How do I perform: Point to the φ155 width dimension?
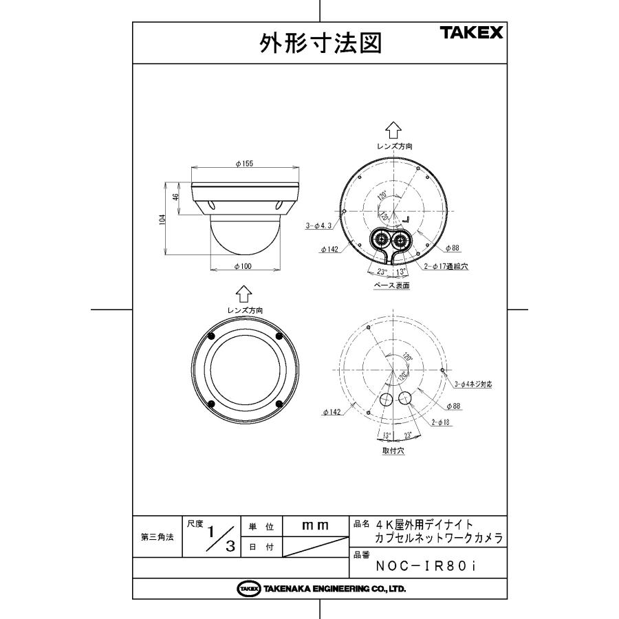pos(245,164)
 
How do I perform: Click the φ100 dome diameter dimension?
pos(246,266)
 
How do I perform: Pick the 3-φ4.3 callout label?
pos(319,226)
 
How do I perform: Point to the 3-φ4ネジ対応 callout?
pos(473,385)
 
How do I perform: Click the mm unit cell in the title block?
pos(316,526)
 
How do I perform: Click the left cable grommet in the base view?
pos(379,239)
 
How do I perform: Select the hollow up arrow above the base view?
pos(393,129)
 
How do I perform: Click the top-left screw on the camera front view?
pos(211,336)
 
